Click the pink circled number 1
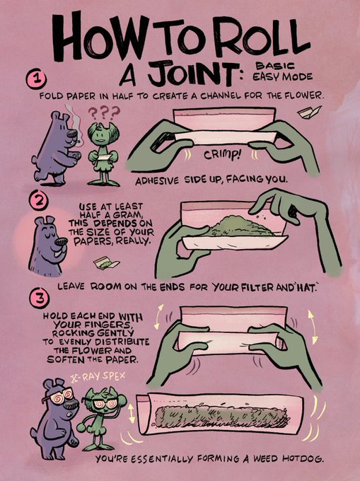pyautogui.click(x=37, y=79)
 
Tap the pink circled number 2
pyautogui.click(x=39, y=200)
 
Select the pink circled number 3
pyautogui.click(x=39, y=299)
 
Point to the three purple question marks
pyautogui.click(x=104, y=113)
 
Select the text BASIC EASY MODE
pyautogui.click(x=282, y=71)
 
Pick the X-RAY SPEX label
pyautogui.click(x=98, y=377)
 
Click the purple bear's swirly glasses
pyautogui.click(x=61, y=395)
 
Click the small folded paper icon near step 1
pyautogui.click(x=309, y=112)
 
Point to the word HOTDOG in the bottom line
pyautogui.click(x=303, y=459)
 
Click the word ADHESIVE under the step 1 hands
pyautogui.click(x=157, y=180)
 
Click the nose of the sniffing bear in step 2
pyautogui.click(x=62, y=243)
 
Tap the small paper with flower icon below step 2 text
pyautogui.click(x=107, y=264)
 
